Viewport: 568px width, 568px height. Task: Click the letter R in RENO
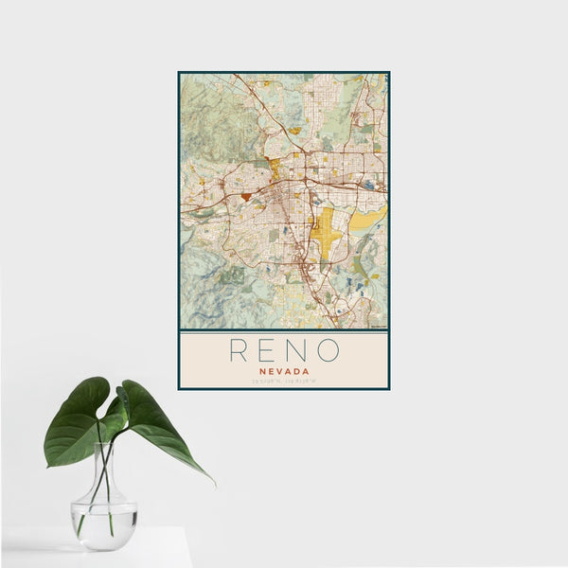[x=240, y=350]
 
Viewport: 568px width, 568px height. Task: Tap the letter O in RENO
[x=328, y=350]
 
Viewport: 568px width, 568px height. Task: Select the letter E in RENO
[x=268, y=350]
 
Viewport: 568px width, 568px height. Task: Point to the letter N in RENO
[x=297, y=350]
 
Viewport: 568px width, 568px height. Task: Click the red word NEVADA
[x=284, y=372]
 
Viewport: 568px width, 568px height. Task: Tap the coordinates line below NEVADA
[x=284, y=382]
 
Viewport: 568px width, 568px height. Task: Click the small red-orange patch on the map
[x=246, y=196]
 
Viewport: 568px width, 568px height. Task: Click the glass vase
[x=103, y=511]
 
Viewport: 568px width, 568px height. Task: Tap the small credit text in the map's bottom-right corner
[x=379, y=328]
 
